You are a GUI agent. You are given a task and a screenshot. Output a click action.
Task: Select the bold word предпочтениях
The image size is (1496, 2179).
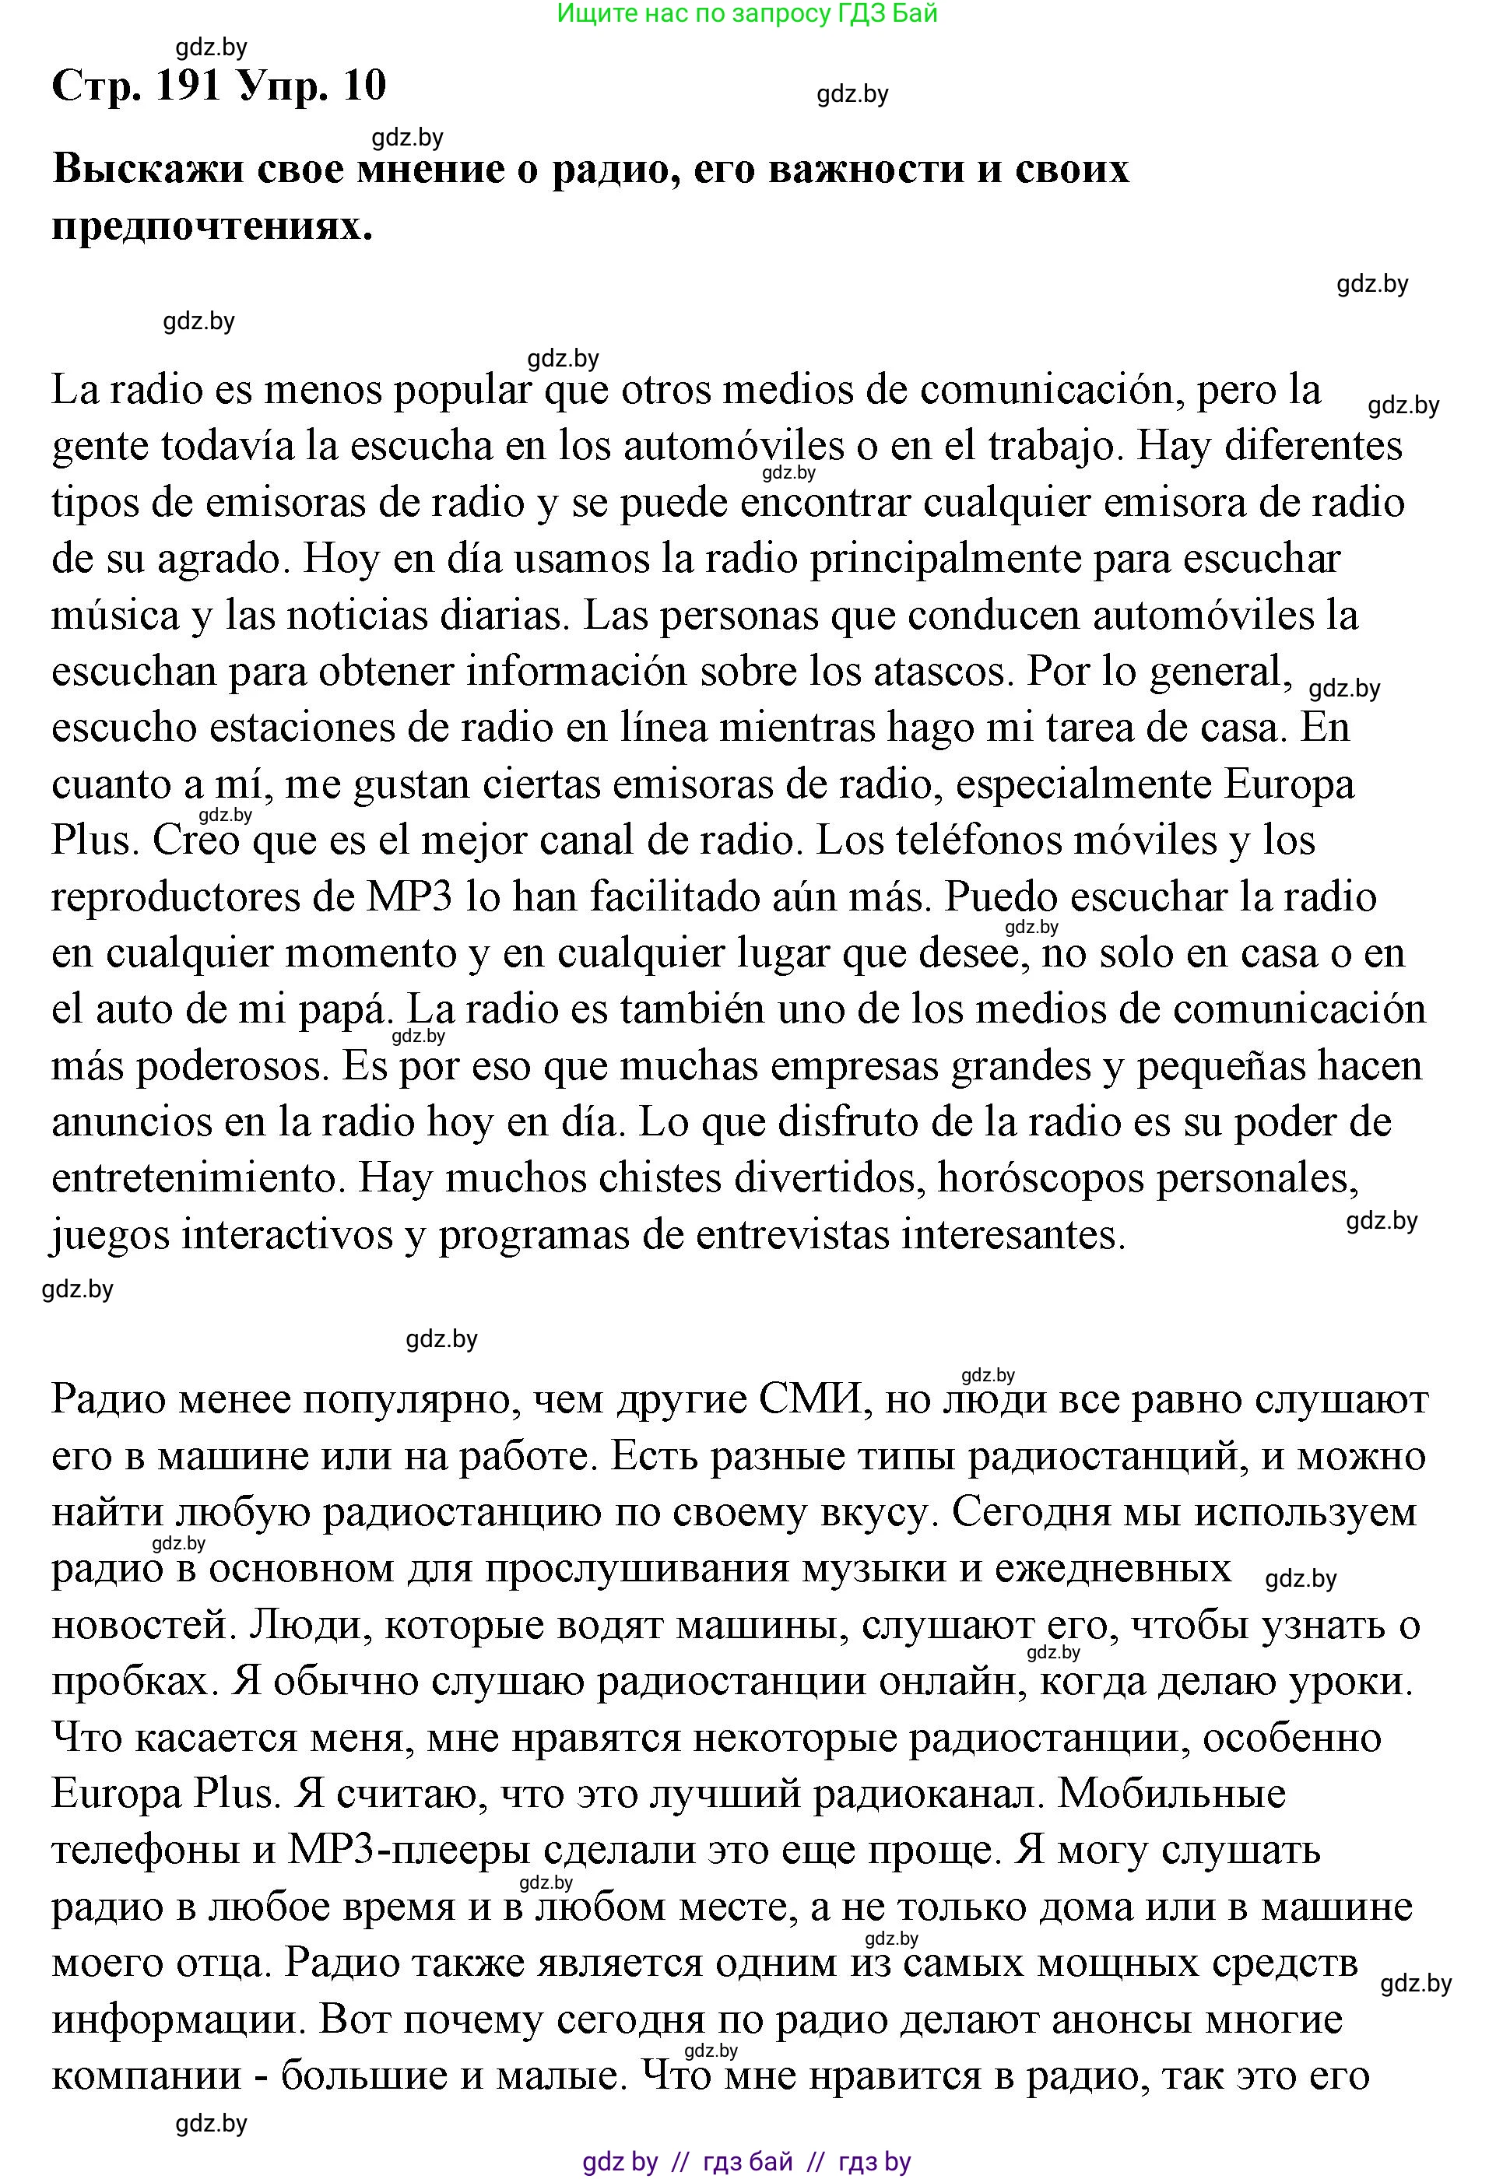[212, 226]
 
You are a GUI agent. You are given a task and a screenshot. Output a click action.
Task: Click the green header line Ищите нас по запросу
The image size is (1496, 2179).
[746, 13]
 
